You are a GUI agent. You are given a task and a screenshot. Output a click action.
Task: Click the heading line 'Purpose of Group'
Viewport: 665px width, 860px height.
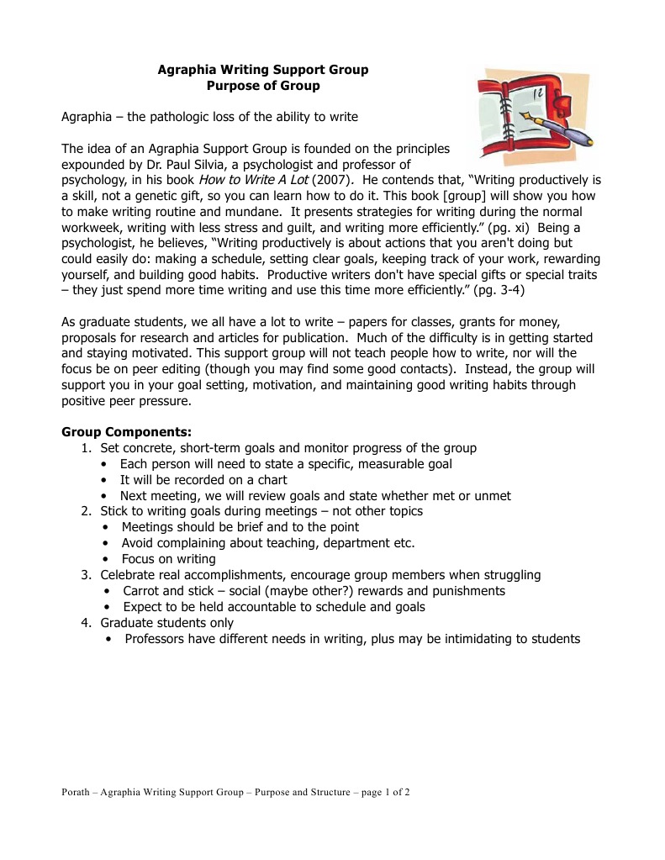(263, 86)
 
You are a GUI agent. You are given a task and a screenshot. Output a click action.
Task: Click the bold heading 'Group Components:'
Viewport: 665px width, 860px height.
(127, 432)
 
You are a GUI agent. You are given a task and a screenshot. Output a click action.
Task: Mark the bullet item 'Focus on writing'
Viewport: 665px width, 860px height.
(168, 558)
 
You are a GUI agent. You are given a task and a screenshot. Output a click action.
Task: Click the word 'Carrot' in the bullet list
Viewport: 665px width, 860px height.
(142, 590)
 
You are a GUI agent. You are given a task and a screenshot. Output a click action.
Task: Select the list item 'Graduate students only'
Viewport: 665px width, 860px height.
(166, 622)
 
